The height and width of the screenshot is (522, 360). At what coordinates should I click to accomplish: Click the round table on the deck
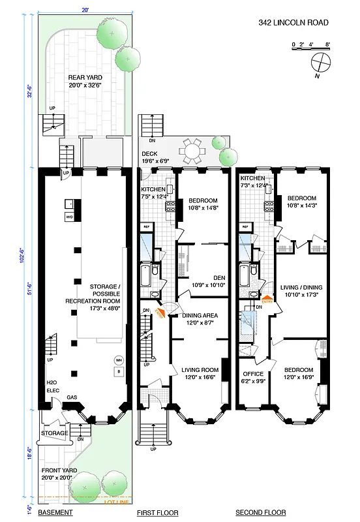pos(192,153)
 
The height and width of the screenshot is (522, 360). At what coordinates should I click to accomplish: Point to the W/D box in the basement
pos(69,217)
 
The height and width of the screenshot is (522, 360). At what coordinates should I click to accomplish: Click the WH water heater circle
pos(119,360)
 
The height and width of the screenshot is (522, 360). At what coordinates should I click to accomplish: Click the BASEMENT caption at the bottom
pos(55,513)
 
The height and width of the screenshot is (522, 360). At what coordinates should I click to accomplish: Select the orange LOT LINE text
pos(117,502)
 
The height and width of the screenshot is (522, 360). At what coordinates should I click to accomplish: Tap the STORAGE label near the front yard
pos(54,433)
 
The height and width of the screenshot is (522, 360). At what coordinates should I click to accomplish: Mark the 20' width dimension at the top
pos(85,10)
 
